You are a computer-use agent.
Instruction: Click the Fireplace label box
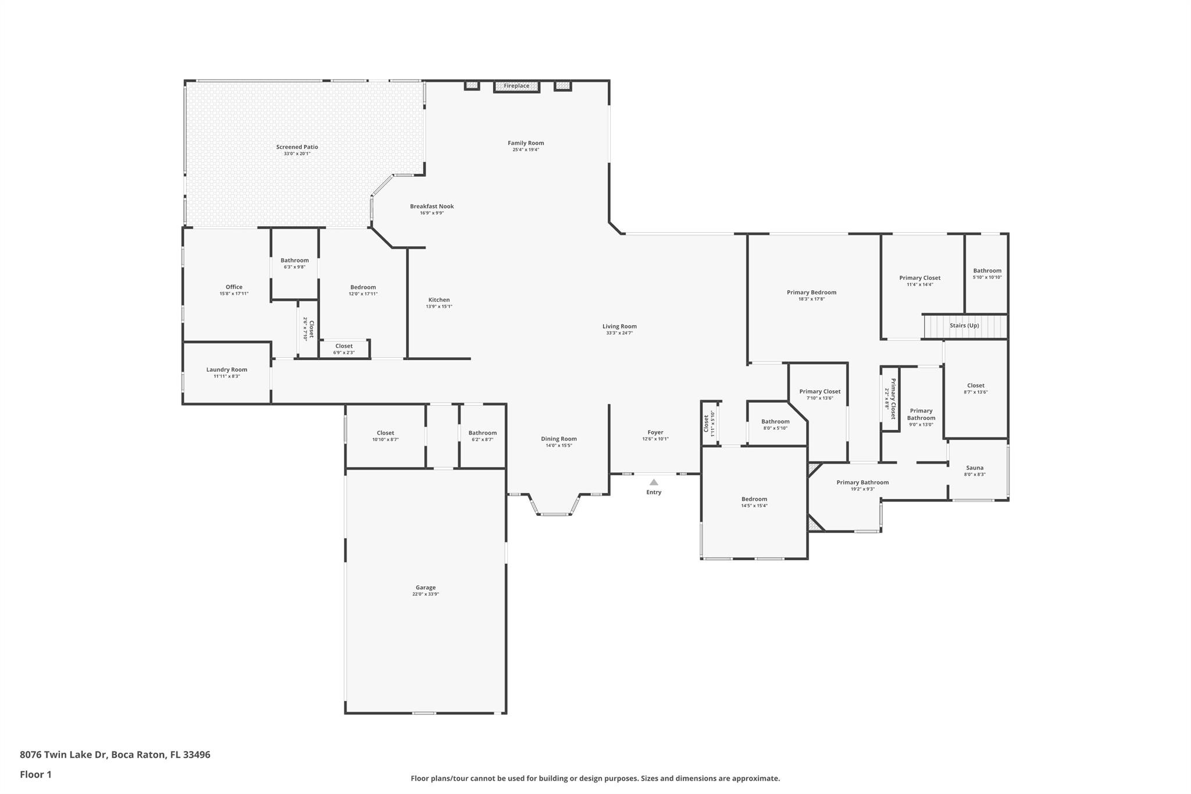516,86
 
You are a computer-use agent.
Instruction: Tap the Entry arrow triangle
654,482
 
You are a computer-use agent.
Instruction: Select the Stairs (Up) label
964,326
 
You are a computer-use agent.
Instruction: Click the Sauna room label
975,468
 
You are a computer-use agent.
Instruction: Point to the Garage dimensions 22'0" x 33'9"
425,594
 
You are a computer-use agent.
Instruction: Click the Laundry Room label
227,369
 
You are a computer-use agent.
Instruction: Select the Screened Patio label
297,147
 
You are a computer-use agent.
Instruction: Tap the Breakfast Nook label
432,206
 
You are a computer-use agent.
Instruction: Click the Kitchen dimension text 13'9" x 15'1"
438,307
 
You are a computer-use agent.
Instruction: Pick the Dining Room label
559,439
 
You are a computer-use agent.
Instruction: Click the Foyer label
655,432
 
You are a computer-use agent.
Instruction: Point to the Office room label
234,287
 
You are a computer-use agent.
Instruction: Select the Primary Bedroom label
811,293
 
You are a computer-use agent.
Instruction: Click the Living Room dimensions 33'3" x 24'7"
619,333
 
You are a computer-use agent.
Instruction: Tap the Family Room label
526,143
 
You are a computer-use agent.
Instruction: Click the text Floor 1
36,775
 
